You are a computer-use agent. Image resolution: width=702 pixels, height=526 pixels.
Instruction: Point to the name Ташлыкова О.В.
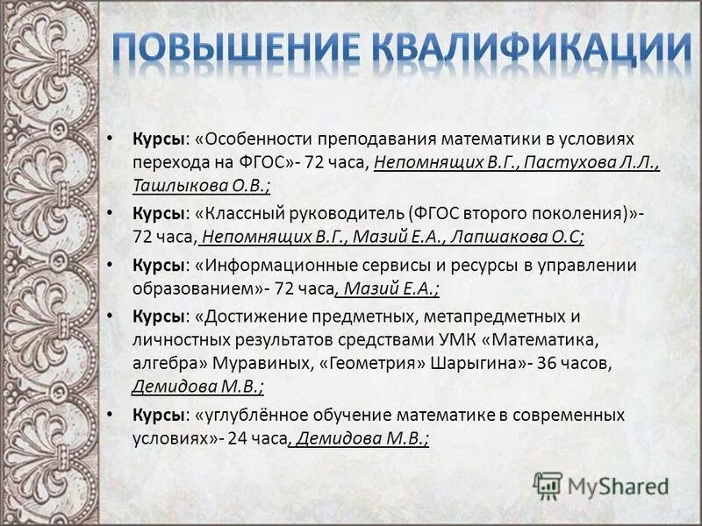click(x=201, y=185)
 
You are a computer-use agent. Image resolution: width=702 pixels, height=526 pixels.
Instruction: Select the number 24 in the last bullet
click(x=237, y=437)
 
